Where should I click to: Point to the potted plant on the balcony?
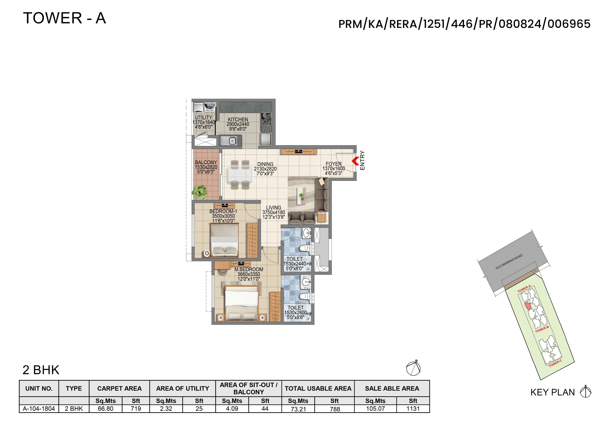(199, 192)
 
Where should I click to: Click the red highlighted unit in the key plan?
(528, 306)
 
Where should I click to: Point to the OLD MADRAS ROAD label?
(509, 262)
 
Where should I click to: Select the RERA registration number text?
(464, 24)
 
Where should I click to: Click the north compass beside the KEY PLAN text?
(586, 392)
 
